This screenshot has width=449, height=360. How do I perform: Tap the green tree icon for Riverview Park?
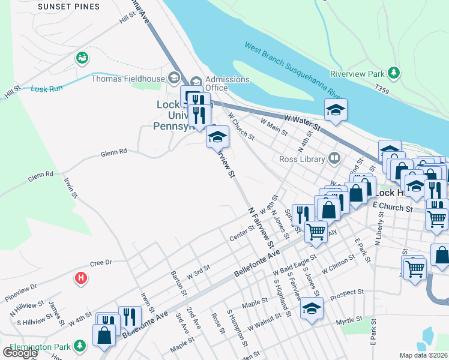pos(394,73)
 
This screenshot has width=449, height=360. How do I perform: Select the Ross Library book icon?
pos(334,159)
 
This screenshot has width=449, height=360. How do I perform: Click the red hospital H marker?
pos(80,278)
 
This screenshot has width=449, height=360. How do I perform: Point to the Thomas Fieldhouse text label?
pos(128,79)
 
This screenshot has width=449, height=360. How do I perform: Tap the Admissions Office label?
pos(228,83)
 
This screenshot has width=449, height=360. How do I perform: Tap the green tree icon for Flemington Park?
pos(79,346)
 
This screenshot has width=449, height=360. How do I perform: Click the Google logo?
pos(19,353)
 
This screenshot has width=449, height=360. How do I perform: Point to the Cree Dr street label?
pos(101,263)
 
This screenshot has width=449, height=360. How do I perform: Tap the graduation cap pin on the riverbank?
pos(336,110)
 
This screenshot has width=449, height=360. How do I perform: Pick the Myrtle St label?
pos(350,321)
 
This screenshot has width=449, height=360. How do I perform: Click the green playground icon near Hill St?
pos(81,58)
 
